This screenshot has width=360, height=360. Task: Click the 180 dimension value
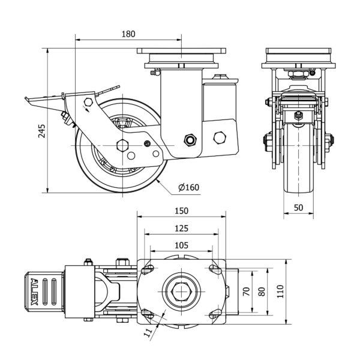click(x=128, y=34)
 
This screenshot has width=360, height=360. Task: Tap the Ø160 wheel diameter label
click(x=188, y=188)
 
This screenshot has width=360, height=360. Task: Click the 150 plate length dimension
click(x=182, y=211)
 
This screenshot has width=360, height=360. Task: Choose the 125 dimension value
click(x=182, y=228)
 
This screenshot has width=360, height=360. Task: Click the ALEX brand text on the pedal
click(x=34, y=291)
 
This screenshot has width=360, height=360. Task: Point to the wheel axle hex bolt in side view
click(x=123, y=145)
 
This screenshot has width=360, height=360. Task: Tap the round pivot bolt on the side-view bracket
click(x=191, y=140)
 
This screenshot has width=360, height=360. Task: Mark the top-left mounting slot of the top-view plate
click(x=146, y=269)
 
